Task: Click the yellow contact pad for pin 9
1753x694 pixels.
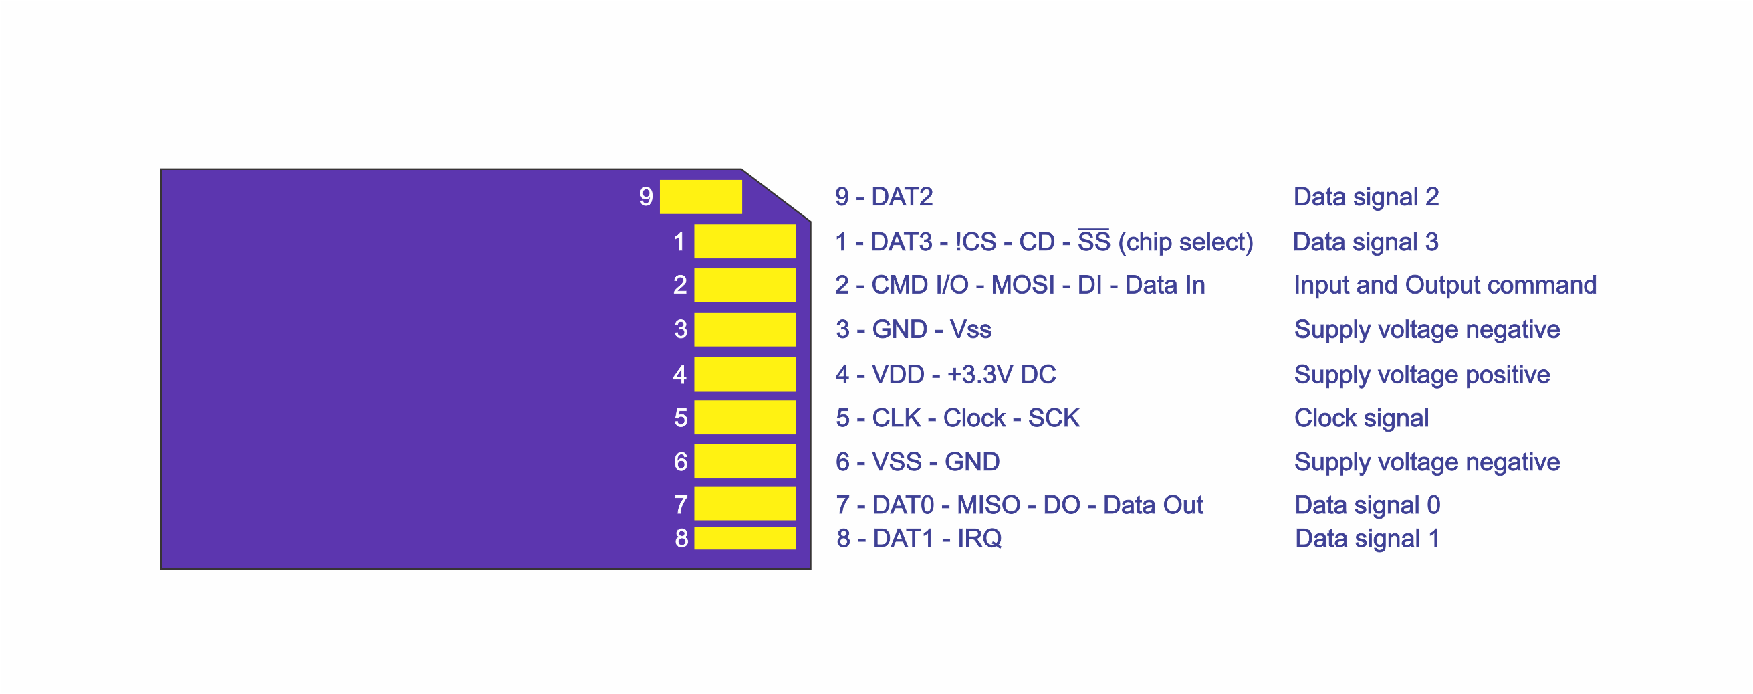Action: click(700, 197)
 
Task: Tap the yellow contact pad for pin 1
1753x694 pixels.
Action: click(745, 241)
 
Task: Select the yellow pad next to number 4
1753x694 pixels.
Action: click(745, 374)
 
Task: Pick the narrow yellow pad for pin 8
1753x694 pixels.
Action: click(745, 538)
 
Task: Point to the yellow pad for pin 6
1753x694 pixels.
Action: click(745, 461)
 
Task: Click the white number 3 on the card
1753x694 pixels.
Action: click(681, 330)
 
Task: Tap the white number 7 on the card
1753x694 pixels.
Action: click(681, 505)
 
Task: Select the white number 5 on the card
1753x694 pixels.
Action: click(681, 418)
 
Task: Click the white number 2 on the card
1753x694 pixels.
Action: click(680, 285)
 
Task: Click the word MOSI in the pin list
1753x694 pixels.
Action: click(1023, 285)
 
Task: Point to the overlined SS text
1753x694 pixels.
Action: click(1094, 241)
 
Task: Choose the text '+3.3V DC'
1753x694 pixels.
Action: click(1001, 375)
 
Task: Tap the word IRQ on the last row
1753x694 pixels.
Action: click(979, 539)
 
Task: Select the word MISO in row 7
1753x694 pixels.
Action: click(988, 505)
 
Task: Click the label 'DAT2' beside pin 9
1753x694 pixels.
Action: click(902, 197)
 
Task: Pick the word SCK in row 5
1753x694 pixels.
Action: click(1054, 418)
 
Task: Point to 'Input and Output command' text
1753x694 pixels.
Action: click(1445, 285)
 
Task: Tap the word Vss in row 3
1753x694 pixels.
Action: click(970, 330)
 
